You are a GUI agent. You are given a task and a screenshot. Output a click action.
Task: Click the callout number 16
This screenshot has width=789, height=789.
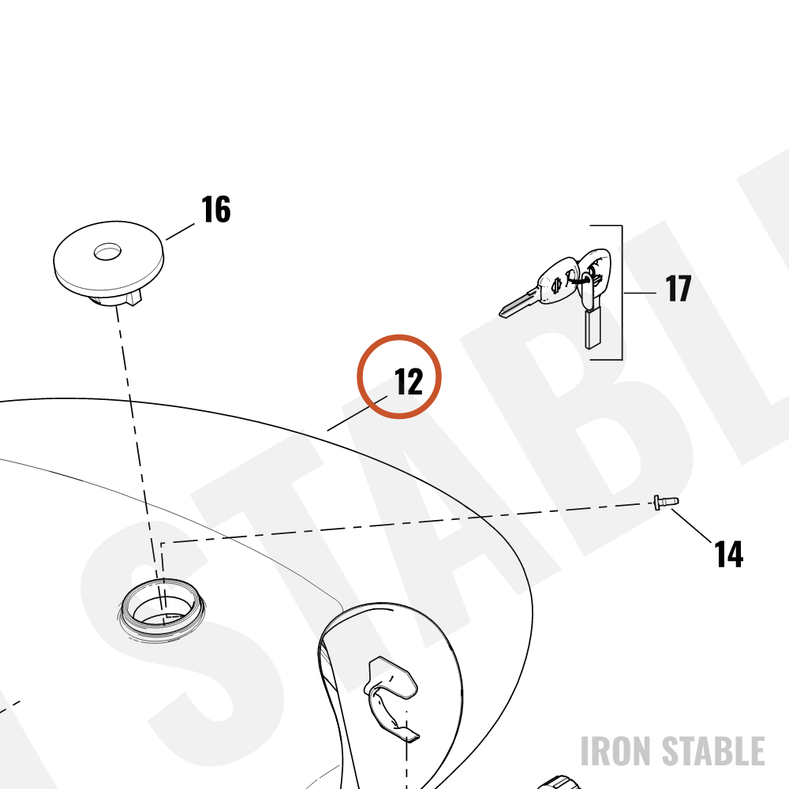[x=216, y=209]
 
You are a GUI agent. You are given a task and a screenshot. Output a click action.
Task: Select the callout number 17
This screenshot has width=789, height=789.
[x=678, y=288]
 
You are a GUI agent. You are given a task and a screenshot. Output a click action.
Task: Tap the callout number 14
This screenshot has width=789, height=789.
[x=728, y=554]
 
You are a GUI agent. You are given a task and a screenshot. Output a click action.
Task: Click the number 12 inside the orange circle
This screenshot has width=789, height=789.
[x=409, y=382]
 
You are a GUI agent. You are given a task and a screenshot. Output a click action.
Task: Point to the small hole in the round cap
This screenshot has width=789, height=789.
[x=107, y=252]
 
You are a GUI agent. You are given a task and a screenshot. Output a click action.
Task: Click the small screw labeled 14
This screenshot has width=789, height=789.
[x=666, y=502]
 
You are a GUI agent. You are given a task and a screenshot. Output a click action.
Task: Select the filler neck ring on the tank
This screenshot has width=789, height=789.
[x=162, y=608]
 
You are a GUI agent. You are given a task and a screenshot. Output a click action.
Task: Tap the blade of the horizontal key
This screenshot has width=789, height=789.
[x=518, y=304]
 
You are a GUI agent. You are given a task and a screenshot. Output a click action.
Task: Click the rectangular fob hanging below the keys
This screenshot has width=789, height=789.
[x=593, y=328]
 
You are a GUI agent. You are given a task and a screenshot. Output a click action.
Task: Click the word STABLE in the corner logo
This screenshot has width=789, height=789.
[x=713, y=751]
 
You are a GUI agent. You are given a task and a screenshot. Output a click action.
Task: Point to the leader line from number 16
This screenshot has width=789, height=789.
[x=180, y=231]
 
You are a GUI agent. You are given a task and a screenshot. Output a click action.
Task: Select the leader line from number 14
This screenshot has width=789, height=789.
[x=692, y=526]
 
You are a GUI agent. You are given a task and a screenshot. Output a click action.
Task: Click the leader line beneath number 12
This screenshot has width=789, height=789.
[x=357, y=413]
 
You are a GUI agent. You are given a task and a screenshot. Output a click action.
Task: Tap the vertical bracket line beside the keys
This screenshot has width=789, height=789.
[x=623, y=293]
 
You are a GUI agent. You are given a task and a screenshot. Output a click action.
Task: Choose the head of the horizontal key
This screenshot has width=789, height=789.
[x=559, y=282]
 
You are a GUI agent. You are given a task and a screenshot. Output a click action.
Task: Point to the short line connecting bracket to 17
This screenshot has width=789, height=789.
[x=640, y=293]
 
